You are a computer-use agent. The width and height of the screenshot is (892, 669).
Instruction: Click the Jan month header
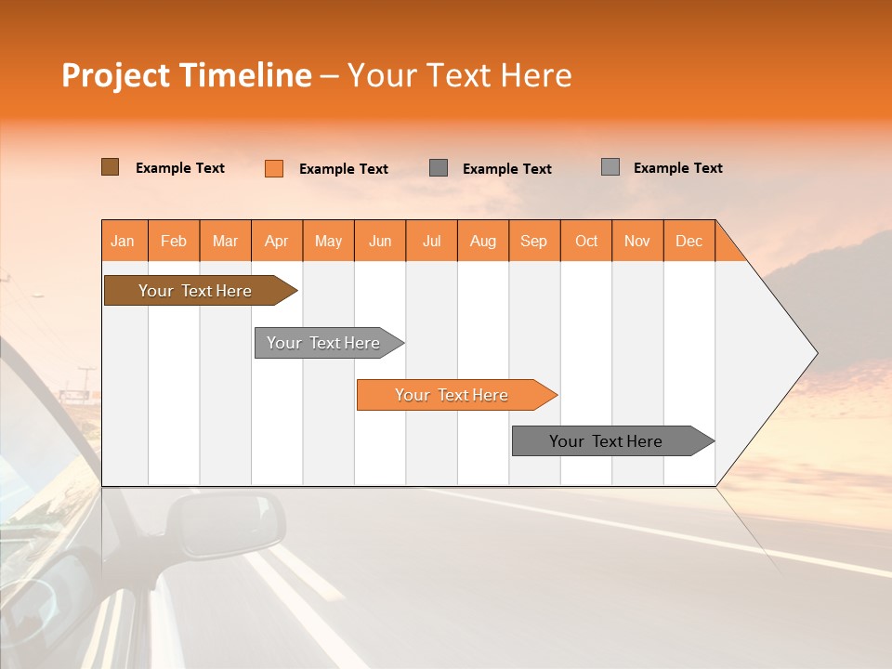tap(124, 241)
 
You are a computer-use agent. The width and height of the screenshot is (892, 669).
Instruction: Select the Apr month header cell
tap(277, 241)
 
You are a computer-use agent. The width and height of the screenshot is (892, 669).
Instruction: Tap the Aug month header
tap(483, 241)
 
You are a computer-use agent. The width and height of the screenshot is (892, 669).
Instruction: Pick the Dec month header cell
tap(689, 241)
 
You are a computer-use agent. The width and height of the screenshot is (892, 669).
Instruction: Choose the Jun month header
tap(380, 241)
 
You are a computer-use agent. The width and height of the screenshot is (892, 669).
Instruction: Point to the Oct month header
tap(586, 241)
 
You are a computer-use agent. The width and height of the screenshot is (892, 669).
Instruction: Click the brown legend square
tap(110, 167)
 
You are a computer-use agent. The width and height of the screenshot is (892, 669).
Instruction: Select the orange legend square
tap(274, 168)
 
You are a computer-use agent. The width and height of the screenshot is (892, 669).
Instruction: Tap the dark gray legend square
tap(439, 167)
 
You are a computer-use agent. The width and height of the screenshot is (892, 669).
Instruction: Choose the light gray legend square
tap(610, 167)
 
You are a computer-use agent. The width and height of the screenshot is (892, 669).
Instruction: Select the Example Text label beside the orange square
tap(344, 169)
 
